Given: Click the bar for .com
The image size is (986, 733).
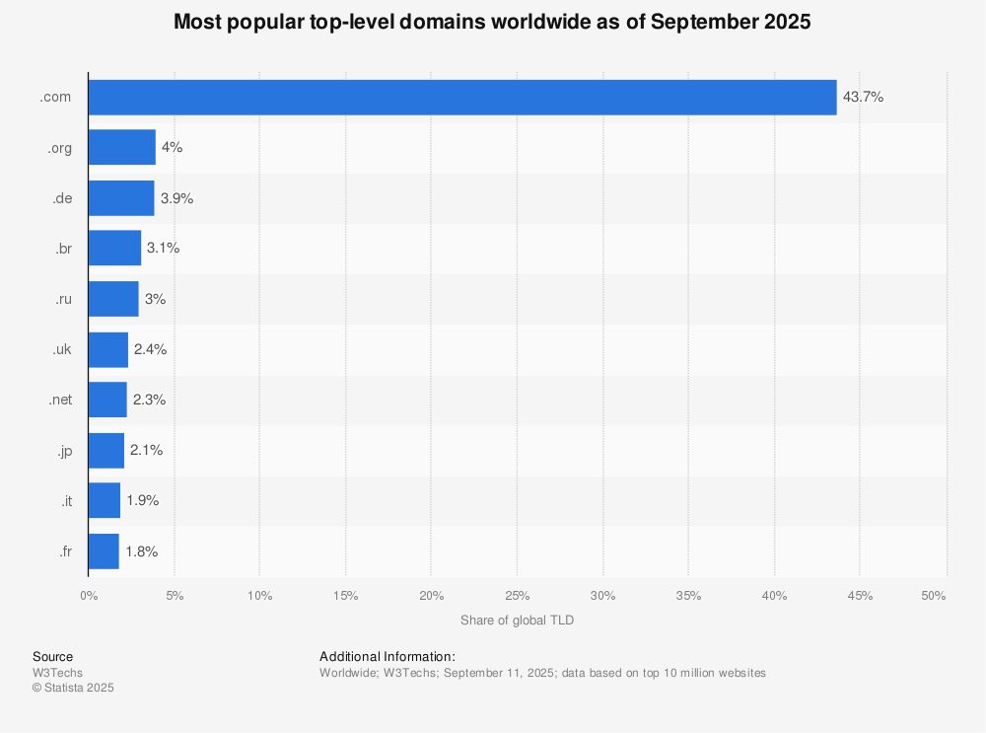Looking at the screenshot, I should click(461, 98).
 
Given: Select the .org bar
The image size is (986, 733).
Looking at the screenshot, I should click(121, 147).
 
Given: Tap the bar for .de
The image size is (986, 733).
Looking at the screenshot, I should click(120, 198).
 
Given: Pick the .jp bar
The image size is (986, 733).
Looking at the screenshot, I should click(106, 450).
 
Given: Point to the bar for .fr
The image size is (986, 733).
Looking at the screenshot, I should click(104, 550).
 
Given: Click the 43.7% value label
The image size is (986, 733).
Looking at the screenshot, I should click(863, 98).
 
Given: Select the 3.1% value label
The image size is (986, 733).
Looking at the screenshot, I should click(163, 249).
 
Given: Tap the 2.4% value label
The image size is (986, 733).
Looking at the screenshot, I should click(150, 349).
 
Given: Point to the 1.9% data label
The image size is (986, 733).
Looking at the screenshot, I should click(142, 500).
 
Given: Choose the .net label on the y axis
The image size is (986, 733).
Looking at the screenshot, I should click(61, 400).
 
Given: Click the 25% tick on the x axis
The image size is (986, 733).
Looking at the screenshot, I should click(517, 596).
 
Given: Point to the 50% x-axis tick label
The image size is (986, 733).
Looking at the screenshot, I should click(934, 596).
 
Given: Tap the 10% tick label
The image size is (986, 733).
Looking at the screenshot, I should click(259, 596).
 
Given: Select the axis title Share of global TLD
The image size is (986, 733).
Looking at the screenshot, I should click(517, 621).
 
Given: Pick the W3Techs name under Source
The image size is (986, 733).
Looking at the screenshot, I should click(58, 673).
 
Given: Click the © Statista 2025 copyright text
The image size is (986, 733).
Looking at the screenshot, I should click(73, 688).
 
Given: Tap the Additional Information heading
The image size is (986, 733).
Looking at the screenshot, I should click(387, 656).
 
